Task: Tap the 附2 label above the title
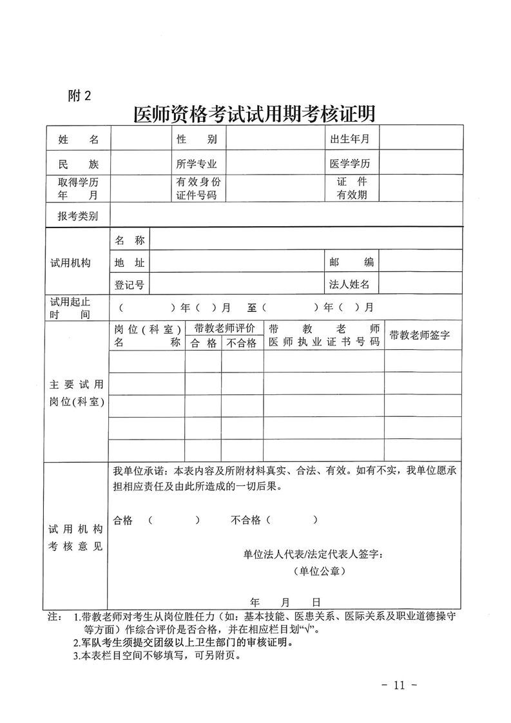(79, 96)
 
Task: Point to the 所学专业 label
(197, 164)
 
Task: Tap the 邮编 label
(351, 262)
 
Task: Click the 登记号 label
(129, 284)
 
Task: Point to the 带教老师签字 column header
(419, 335)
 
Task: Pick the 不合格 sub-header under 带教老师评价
(242, 343)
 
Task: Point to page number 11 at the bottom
(400, 684)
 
